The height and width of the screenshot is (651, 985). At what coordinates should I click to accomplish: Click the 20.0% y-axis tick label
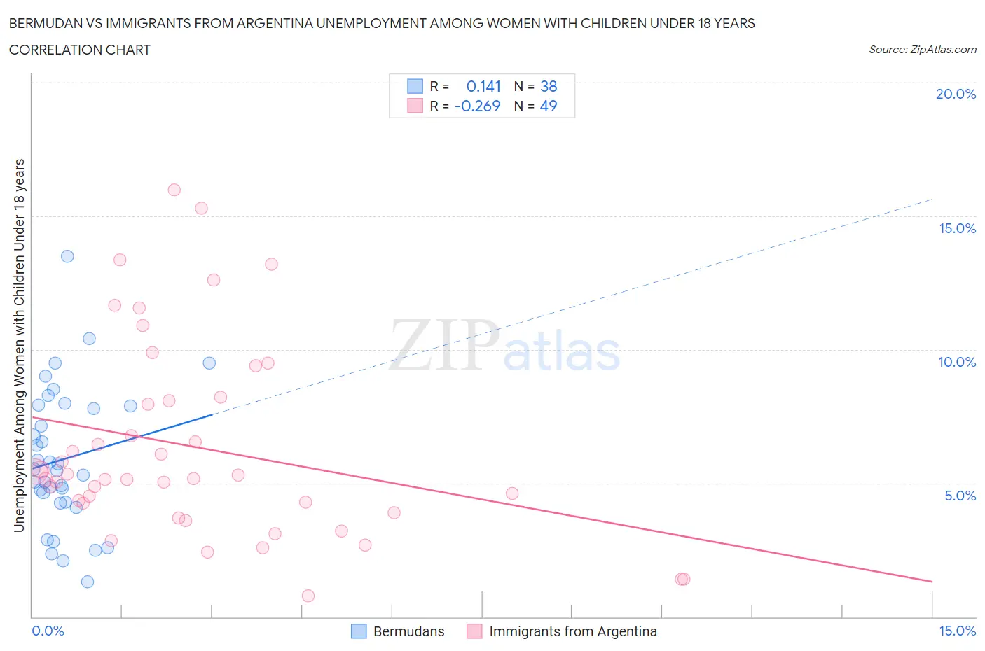click(x=956, y=94)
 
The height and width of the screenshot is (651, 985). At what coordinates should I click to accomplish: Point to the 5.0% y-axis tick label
click(x=960, y=496)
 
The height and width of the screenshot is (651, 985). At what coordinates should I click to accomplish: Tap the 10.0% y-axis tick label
click(x=957, y=362)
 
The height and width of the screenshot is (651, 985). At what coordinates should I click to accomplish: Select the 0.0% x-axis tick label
click(x=48, y=631)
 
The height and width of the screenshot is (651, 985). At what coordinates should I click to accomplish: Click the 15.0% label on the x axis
click(x=957, y=631)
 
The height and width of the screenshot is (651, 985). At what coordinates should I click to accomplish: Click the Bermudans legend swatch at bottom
click(x=359, y=631)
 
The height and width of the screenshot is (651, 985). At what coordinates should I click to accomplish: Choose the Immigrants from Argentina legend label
click(x=573, y=631)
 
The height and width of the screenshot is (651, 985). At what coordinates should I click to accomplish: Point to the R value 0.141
click(x=483, y=86)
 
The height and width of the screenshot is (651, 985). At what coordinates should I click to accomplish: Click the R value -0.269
click(x=477, y=106)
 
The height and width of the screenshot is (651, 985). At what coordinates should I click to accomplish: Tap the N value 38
click(x=549, y=86)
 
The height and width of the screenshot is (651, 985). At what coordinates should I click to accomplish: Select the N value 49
click(x=549, y=106)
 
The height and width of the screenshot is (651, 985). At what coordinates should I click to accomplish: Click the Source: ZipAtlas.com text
click(x=922, y=50)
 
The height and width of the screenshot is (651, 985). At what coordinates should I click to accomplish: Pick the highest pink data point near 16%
click(x=174, y=190)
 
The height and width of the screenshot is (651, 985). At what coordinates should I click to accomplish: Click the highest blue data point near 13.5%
click(x=67, y=256)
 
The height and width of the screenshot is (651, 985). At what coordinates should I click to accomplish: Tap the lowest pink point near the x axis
click(x=308, y=596)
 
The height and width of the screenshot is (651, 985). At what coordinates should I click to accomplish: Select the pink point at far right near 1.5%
click(x=683, y=579)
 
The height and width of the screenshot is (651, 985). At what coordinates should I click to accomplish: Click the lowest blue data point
click(x=88, y=582)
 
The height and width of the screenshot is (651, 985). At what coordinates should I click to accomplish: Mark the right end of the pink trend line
click(x=932, y=582)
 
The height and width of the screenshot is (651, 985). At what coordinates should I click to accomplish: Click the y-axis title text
click(x=19, y=345)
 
